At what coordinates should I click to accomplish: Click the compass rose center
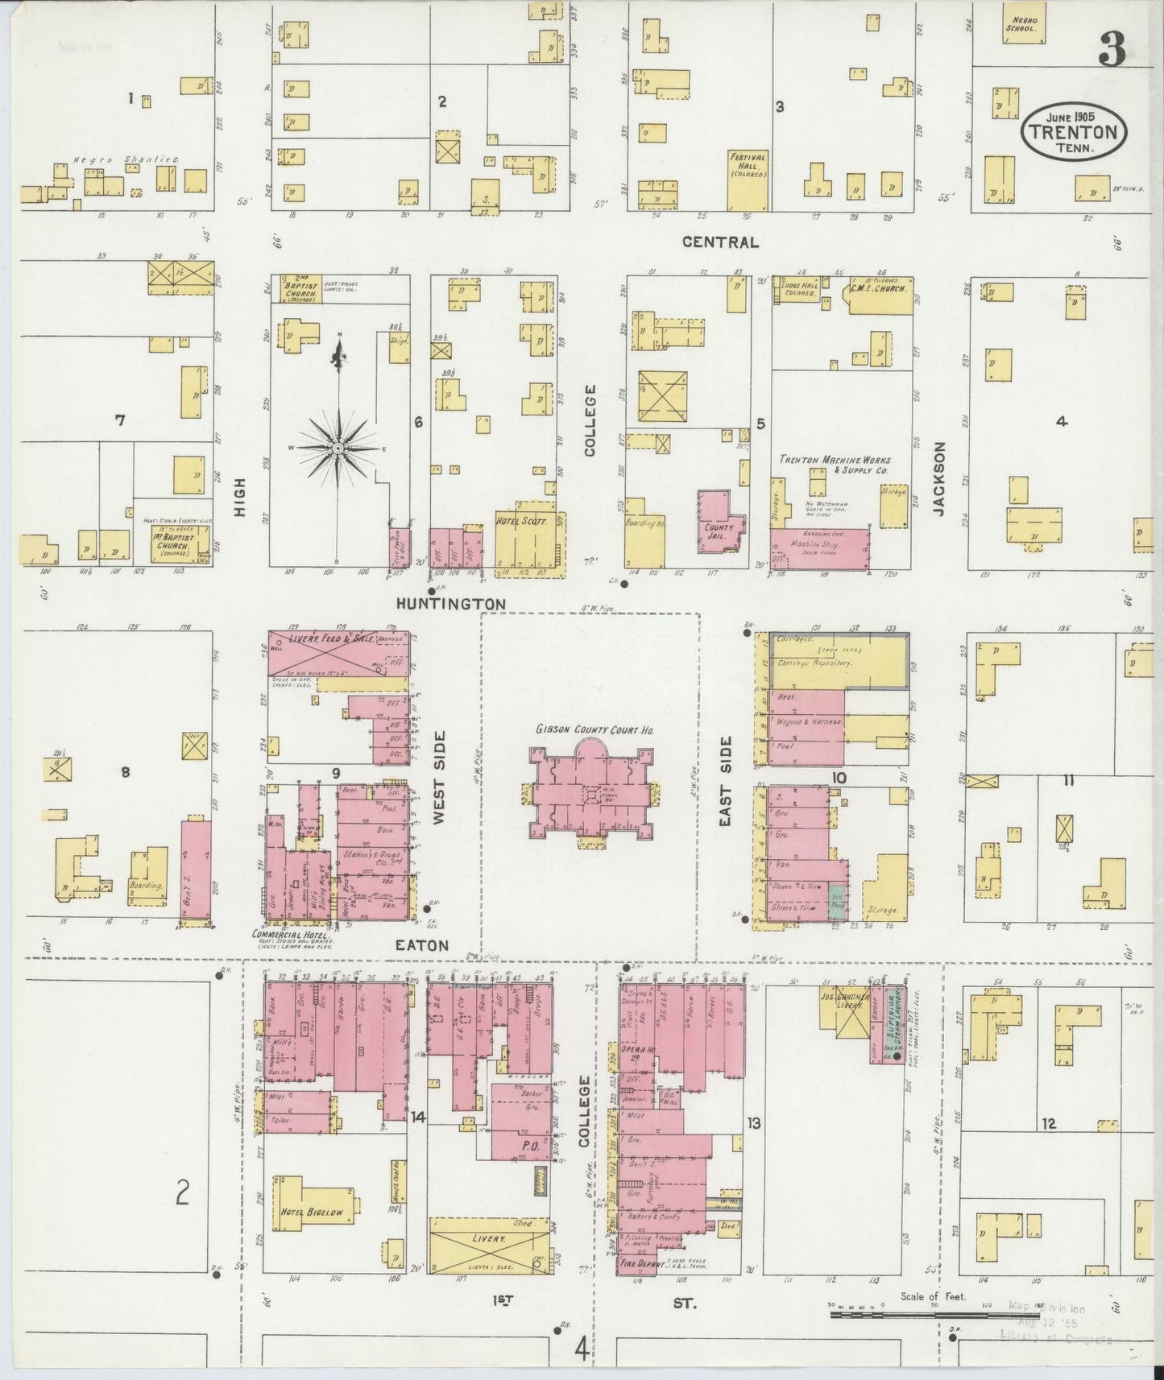pyautogui.click(x=338, y=448)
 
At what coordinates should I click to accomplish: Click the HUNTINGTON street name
pyautogui.click(x=450, y=603)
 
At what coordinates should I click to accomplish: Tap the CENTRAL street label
pyautogui.click(x=719, y=242)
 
